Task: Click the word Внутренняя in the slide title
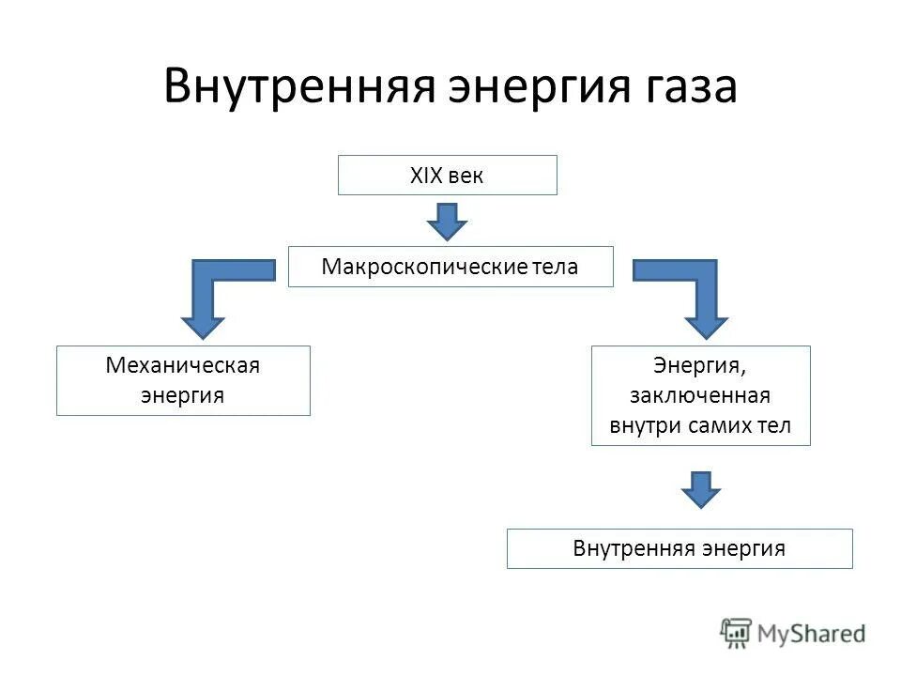[x=298, y=86]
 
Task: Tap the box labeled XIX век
[x=447, y=176]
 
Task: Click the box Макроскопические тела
[x=450, y=267]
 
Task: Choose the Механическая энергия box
[x=183, y=380]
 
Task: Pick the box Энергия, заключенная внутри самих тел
[x=700, y=395]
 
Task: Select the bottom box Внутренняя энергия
[x=680, y=548]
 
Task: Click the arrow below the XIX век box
[x=448, y=222]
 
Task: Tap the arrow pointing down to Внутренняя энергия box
[x=701, y=489]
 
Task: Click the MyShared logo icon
[x=738, y=634]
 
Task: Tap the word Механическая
[x=183, y=366]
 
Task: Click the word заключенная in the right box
[x=700, y=395]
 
